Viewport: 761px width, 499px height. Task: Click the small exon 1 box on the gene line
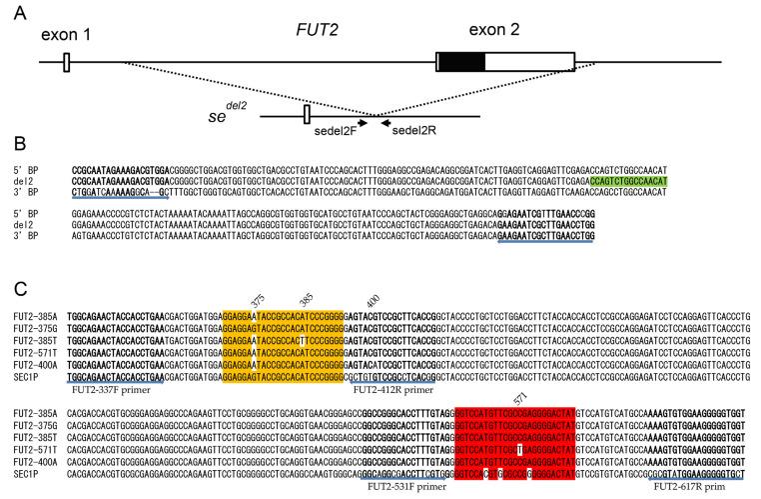[x=66, y=63]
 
